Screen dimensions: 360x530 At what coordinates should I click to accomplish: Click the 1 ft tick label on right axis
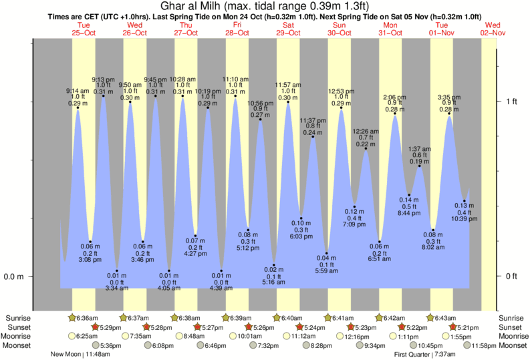click(x=512, y=102)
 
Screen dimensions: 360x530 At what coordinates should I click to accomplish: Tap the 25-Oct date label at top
click(x=84, y=32)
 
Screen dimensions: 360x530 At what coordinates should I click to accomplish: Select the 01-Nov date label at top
click(x=442, y=32)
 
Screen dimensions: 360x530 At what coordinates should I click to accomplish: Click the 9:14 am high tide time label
click(x=78, y=91)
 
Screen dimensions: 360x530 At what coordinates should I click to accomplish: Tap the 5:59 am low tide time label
click(x=327, y=270)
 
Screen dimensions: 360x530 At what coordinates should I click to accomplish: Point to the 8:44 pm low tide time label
click(x=409, y=213)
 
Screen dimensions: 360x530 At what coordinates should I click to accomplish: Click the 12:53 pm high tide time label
click(x=342, y=91)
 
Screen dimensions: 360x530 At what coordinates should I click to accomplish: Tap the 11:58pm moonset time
click(x=485, y=345)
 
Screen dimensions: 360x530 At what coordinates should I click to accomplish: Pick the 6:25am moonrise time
click(x=84, y=336)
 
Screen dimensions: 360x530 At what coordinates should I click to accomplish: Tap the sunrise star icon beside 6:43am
click(x=429, y=317)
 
